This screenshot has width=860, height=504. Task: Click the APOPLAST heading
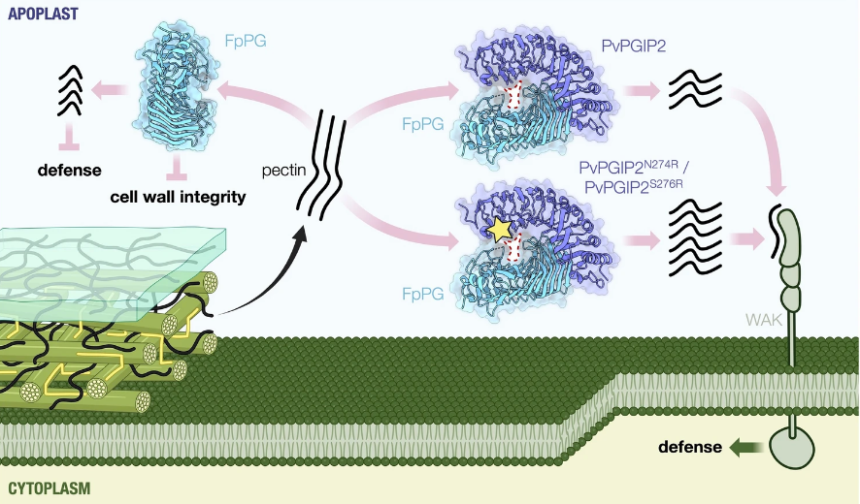pyautogui.click(x=44, y=14)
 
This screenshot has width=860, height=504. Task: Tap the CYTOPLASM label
pyautogui.click(x=50, y=488)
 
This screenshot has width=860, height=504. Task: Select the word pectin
pyautogui.click(x=283, y=171)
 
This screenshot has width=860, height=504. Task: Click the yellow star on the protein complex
pyautogui.click(x=499, y=230)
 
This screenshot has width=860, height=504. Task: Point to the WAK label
pyautogui.click(x=764, y=320)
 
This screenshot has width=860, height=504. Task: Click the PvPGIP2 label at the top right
pyautogui.click(x=634, y=46)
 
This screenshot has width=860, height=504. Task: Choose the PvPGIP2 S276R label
pyautogui.click(x=634, y=186)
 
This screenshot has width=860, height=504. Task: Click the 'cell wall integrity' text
pyautogui.click(x=178, y=197)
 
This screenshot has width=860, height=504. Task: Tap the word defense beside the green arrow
pyautogui.click(x=690, y=447)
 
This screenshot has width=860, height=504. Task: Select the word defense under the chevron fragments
pyautogui.click(x=70, y=170)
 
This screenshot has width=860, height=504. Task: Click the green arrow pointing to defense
pyautogui.click(x=745, y=447)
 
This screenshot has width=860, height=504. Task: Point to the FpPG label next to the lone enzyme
pyautogui.click(x=246, y=41)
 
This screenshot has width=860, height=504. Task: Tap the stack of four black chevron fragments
pyautogui.click(x=70, y=90)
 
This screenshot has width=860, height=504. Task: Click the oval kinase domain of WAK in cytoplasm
pyautogui.click(x=792, y=448)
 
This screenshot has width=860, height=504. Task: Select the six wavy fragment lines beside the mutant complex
pyautogui.click(x=695, y=237)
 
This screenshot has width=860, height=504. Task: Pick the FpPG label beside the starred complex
pyautogui.click(x=423, y=295)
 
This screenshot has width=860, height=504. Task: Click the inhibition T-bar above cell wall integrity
pyautogui.click(x=177, y=167)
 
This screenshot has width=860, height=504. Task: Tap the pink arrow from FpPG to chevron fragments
pyautogui.click(x=109, y=89)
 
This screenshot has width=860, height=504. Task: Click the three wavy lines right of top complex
pyautogui.click(x=695, y=89)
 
